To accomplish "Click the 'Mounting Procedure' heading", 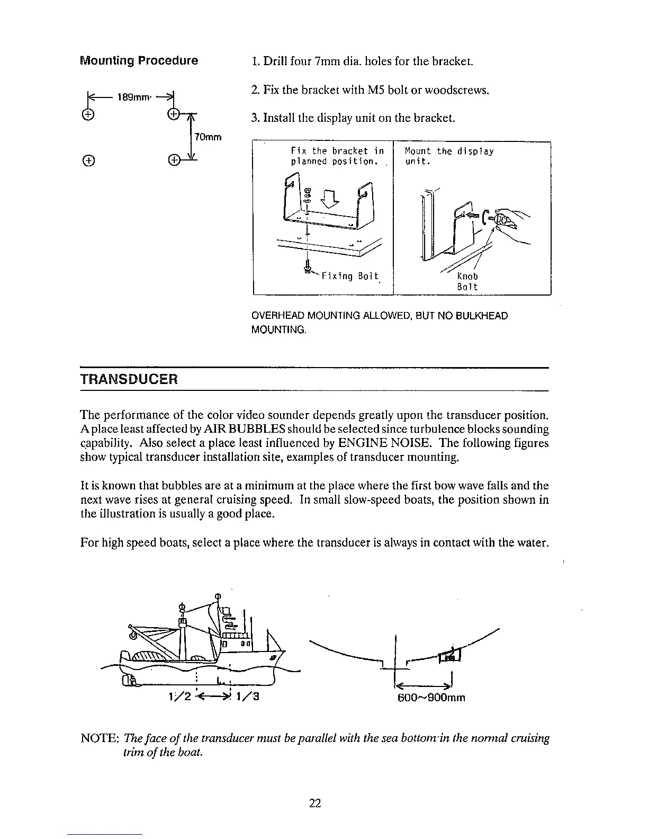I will pyautogui.click(x=139, y=60).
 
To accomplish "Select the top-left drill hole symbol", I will pyautogui.click(x=88, y=114).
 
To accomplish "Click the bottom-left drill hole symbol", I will pyautogui.click(x=88, y=159).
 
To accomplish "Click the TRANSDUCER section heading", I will pyautogui.click(x=129, y=380).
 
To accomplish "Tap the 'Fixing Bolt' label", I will pyautogui.click(x=350, y=276).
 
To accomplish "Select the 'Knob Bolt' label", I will pyautogui.click(x=467, y=281).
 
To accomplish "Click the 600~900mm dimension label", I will pyautogui.click(x=431, y=697).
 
